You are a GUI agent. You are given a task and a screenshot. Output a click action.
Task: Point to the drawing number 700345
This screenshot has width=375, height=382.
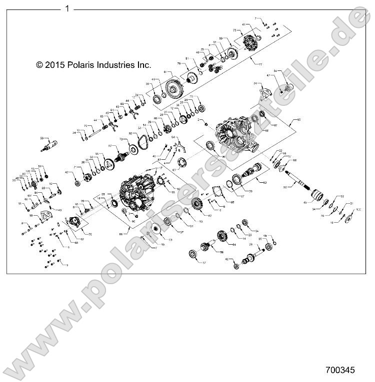click(339, 371)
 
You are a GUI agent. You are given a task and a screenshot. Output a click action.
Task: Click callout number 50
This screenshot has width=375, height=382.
click(42, 138)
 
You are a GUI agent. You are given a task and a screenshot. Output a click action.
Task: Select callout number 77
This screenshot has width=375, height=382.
click(259, 64)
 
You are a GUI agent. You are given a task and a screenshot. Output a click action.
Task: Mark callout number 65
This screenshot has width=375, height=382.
click(299, 120)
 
